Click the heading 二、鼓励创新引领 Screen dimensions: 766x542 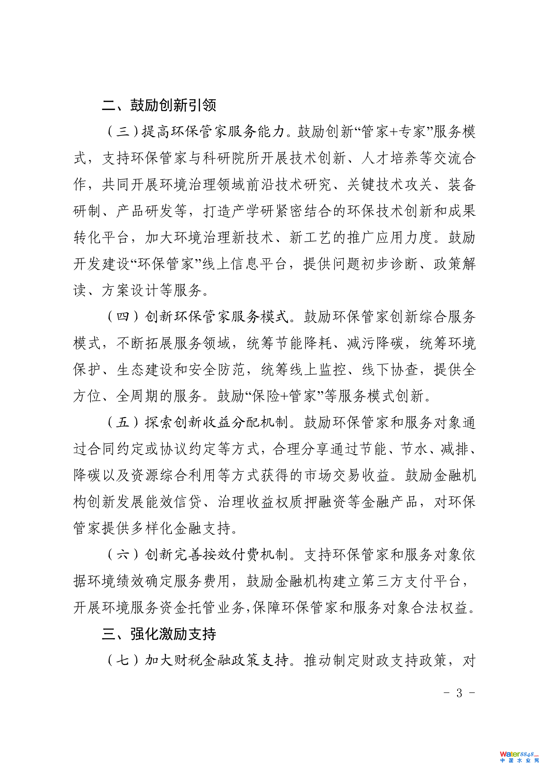[159, 105]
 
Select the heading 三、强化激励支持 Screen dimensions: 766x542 [159, 634]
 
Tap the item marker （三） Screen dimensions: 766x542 [123, 131]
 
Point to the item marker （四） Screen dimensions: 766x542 [123, 316]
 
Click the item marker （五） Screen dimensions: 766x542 [123, 422]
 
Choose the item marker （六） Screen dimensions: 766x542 [123, 554]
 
